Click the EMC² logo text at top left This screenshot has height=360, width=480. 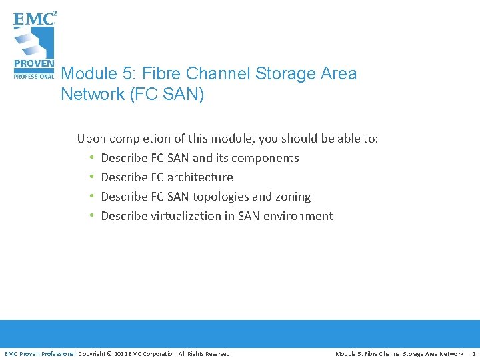click(x=34, y=19)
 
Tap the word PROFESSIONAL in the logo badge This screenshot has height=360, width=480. click(x=34, y=76)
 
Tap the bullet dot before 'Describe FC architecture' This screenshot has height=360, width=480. click(x=91, y=177)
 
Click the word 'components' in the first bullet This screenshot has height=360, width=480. click(x=265, y=158)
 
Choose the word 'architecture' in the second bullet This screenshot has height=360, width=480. click(x=200, y=177)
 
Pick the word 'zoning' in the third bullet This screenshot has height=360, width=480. click(x=293, y=197)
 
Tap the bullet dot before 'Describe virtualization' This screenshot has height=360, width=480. click(x=91, y=216)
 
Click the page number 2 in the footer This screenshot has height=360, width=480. click(x=473, y=353)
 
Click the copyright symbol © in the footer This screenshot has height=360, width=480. click(x=110, y=353)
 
